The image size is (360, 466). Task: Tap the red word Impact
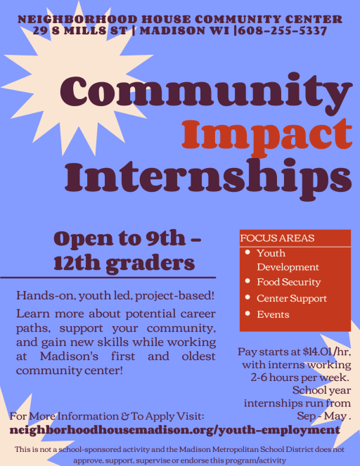coord(266,135)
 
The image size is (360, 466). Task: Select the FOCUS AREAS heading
coord(277,238)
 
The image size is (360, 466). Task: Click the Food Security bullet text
coord(289,282)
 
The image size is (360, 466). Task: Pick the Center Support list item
coord(292,299)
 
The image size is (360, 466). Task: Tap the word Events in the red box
coord(273,314)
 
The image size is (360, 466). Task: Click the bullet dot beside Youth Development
coord(247,252)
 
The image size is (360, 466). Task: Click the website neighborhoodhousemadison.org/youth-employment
coord(175,429)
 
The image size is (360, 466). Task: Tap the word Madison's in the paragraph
coord(69,356)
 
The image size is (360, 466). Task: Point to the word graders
coord(150,264)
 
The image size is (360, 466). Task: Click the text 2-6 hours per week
coord(300,377)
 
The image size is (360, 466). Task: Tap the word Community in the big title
coord(206,91)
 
